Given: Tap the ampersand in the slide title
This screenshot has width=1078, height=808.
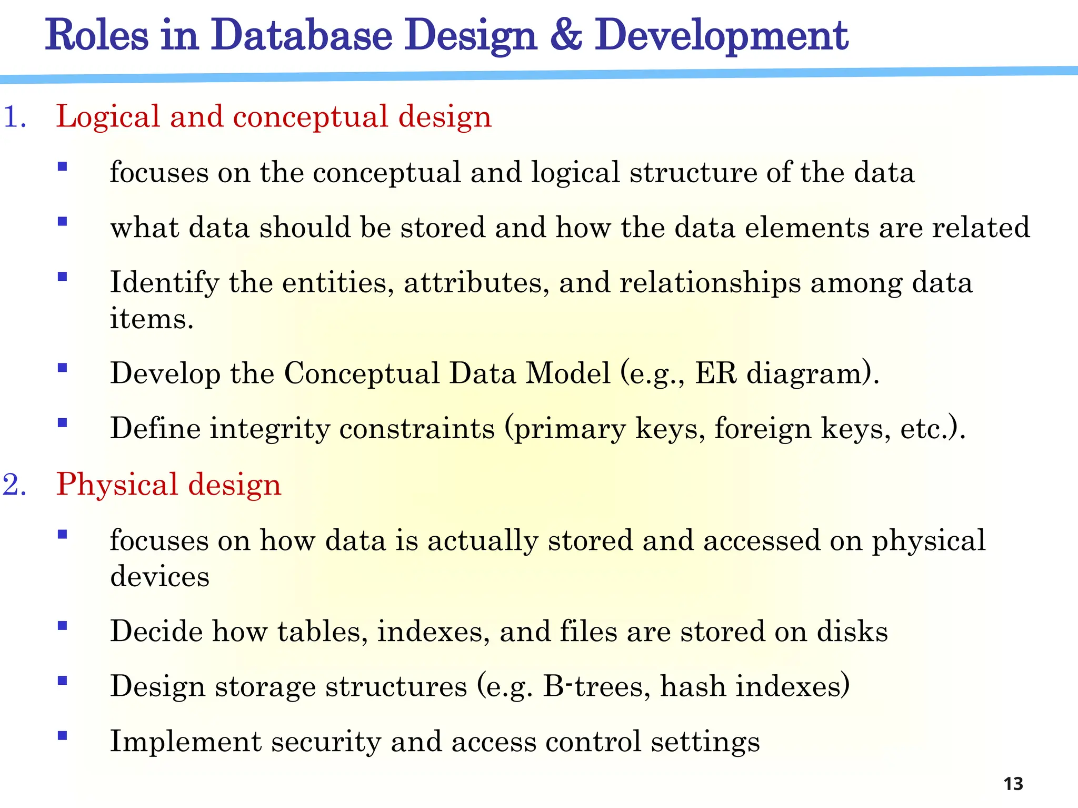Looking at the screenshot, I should (x=566, y=35).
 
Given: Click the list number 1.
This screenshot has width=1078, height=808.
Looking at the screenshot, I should (x=14, y=116).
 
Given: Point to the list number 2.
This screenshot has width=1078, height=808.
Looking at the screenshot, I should (x=14, y=484).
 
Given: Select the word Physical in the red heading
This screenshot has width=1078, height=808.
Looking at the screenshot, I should (x=117, y=485).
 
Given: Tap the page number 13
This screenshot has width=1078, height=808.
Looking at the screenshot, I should (x=1013, y=784).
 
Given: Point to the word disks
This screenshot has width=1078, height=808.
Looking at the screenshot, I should (x=852, y=631).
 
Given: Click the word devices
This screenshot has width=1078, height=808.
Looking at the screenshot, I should (x=159, y=576).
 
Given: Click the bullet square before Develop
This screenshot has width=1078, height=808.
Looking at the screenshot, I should (x=63, y=368).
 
